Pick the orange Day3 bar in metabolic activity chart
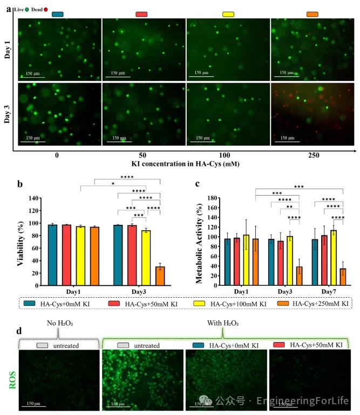coord(299,276)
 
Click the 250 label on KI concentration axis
coord(313,156)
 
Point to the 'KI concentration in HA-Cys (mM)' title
coord(186,164)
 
